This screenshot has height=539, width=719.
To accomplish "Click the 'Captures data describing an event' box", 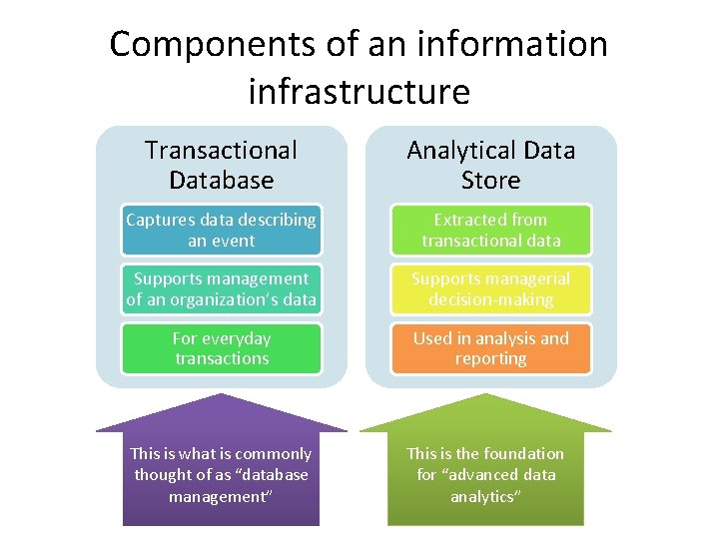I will (221, 231).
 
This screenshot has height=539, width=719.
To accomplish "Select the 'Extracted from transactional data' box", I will (490, 231).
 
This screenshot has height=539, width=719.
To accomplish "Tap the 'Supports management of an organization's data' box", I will (221, 289).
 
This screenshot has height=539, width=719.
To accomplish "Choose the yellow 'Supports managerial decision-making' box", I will (490, 289).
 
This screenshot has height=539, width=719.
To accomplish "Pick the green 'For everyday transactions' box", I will (221, 348).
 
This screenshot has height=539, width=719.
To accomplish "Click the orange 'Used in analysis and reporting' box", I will (490, 348).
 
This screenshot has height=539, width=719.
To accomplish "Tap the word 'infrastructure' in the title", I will (359, 92).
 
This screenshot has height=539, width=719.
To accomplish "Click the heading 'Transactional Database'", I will (221, 165).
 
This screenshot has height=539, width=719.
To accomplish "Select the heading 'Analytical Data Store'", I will (490, 165).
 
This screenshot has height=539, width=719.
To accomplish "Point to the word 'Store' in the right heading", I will (490, 181).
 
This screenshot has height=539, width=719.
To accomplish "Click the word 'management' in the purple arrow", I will (221, 496).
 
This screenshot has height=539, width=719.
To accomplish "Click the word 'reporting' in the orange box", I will (490, 358).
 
